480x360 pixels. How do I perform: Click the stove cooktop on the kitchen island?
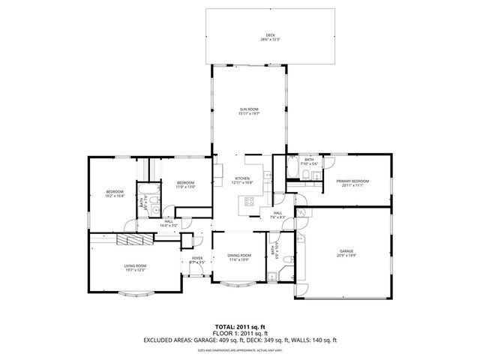pyautogui.click(x=249, y=200)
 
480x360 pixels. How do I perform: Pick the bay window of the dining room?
pyautogui.click(x=238, y=286)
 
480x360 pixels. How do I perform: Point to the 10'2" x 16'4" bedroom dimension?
pyautogui.click(x=114, y=196)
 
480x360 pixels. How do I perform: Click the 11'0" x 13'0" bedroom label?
pyautogui.click(x=185, y=187)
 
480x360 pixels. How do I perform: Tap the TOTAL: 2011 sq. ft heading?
pyautogui.click(x=239, y=327)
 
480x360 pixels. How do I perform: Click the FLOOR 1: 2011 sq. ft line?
pyautogui.click(x=239, y=333)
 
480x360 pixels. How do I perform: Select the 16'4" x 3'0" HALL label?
pyautogui.click(x=168, y=223)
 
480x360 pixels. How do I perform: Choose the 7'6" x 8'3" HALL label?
pyautogui.click(x=277, y=216)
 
